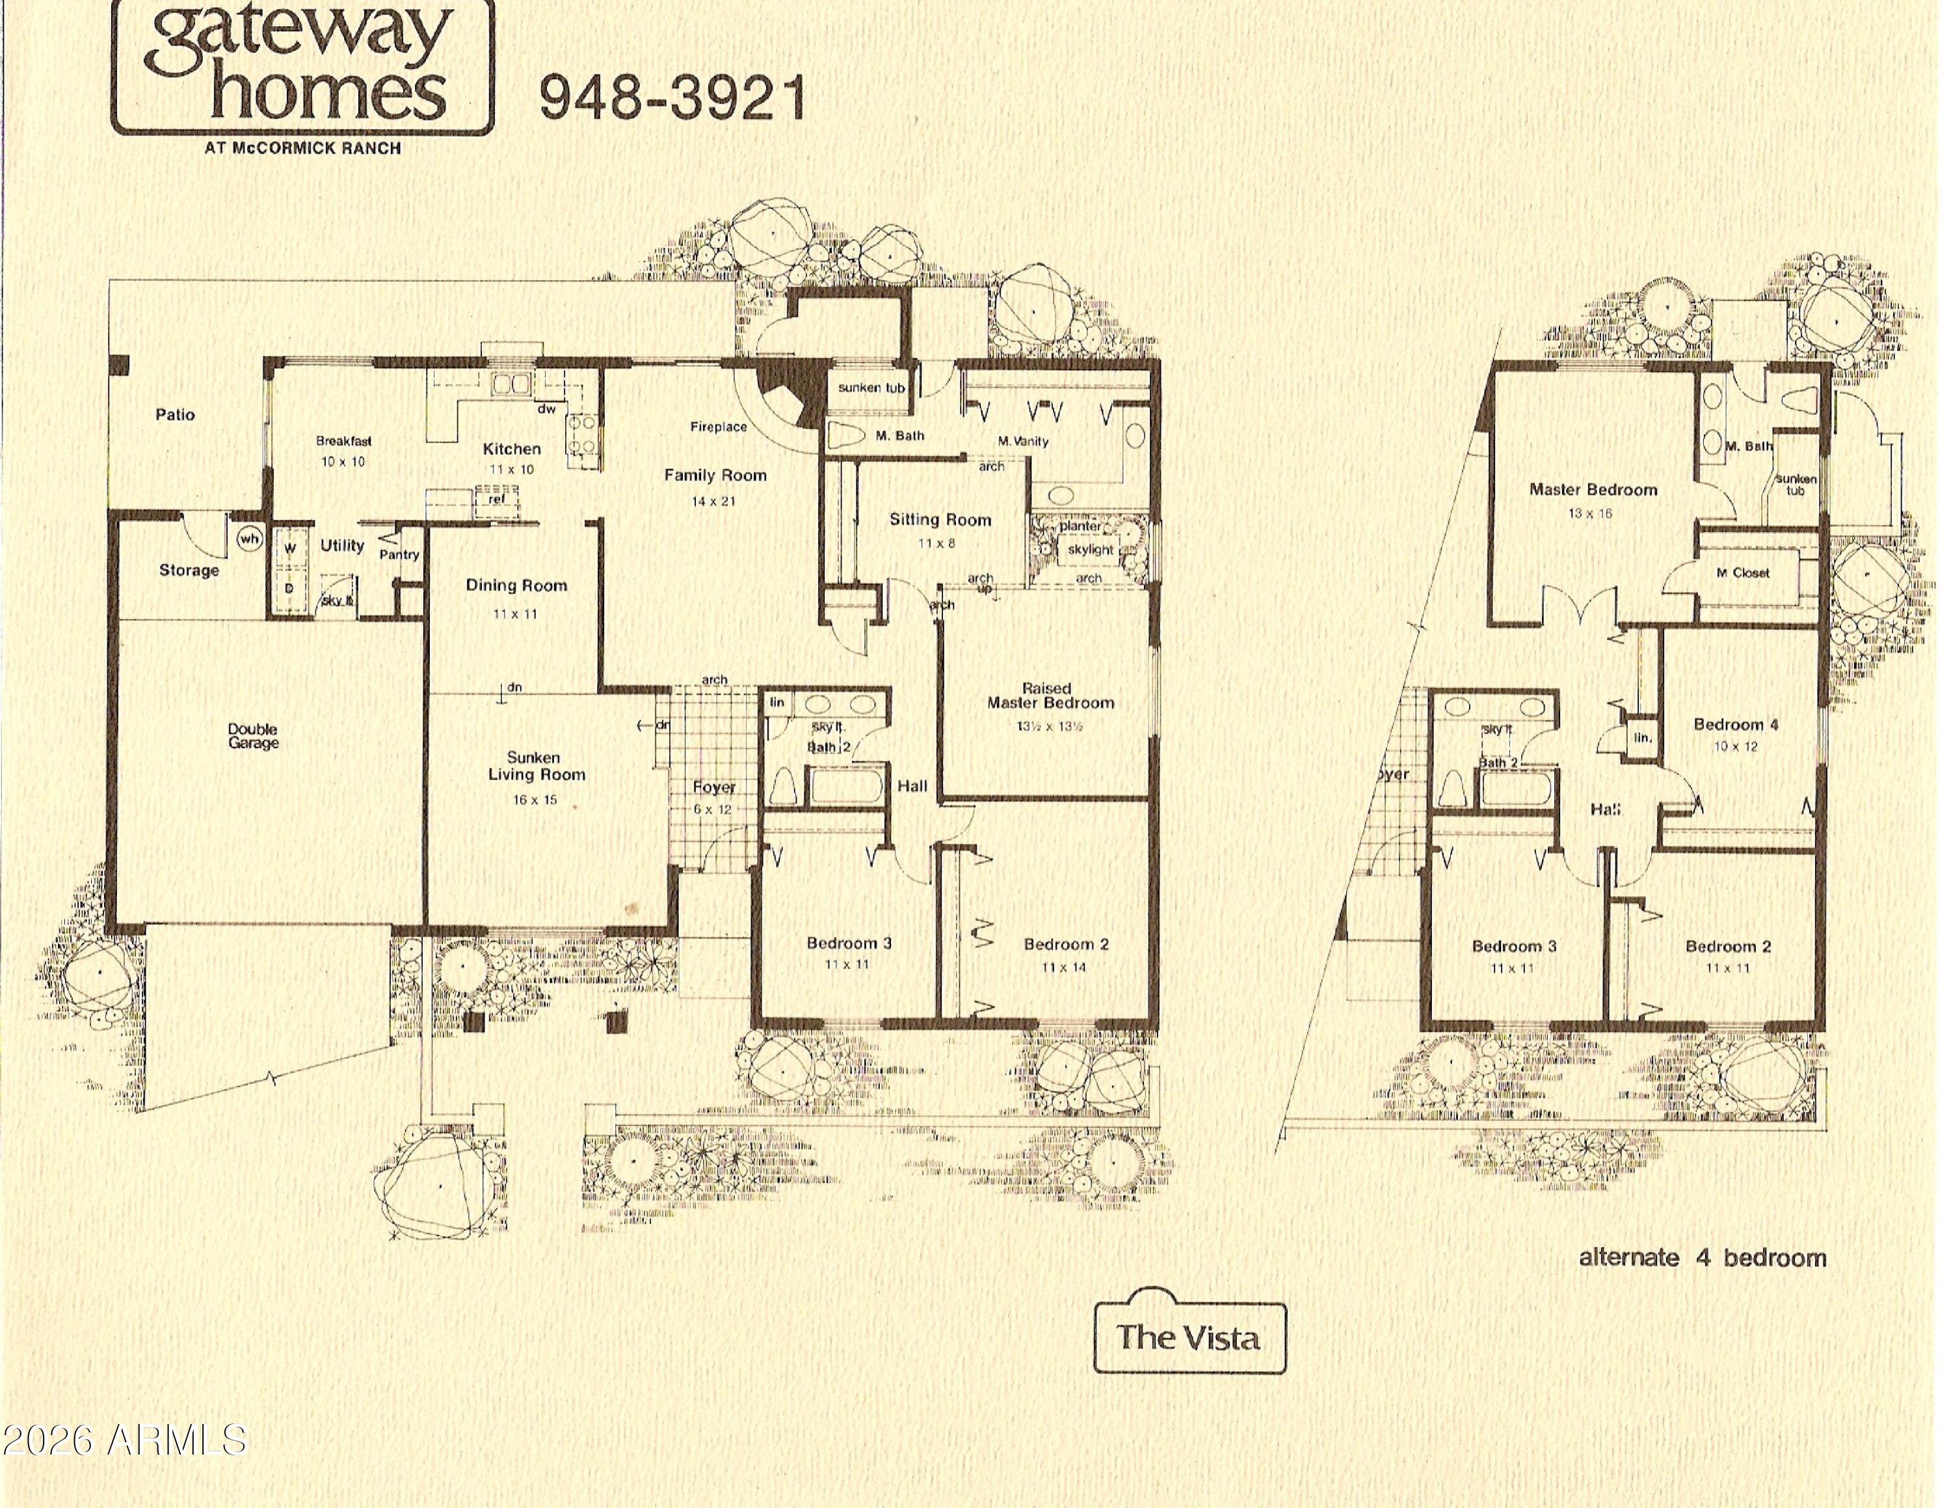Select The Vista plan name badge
coord(1189,1338)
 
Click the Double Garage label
coord(253,736)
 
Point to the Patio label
coord(175,414)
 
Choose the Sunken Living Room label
coord(536,766)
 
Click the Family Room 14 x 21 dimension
coord(714,501)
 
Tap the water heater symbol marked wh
coord(249,539)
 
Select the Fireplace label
coord(718,427)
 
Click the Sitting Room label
coord(940,519)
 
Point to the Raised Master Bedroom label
coord(1050,696)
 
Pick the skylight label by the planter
coord(1091,550)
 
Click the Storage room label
coord(189,570)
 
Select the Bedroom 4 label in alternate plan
coord(1736,725)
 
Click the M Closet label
coord(1743,572)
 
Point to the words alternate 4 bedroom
coord(1702,1258)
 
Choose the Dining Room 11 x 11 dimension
coord(516,613)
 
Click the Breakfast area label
coord(344,440)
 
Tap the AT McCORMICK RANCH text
coord(303,148)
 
